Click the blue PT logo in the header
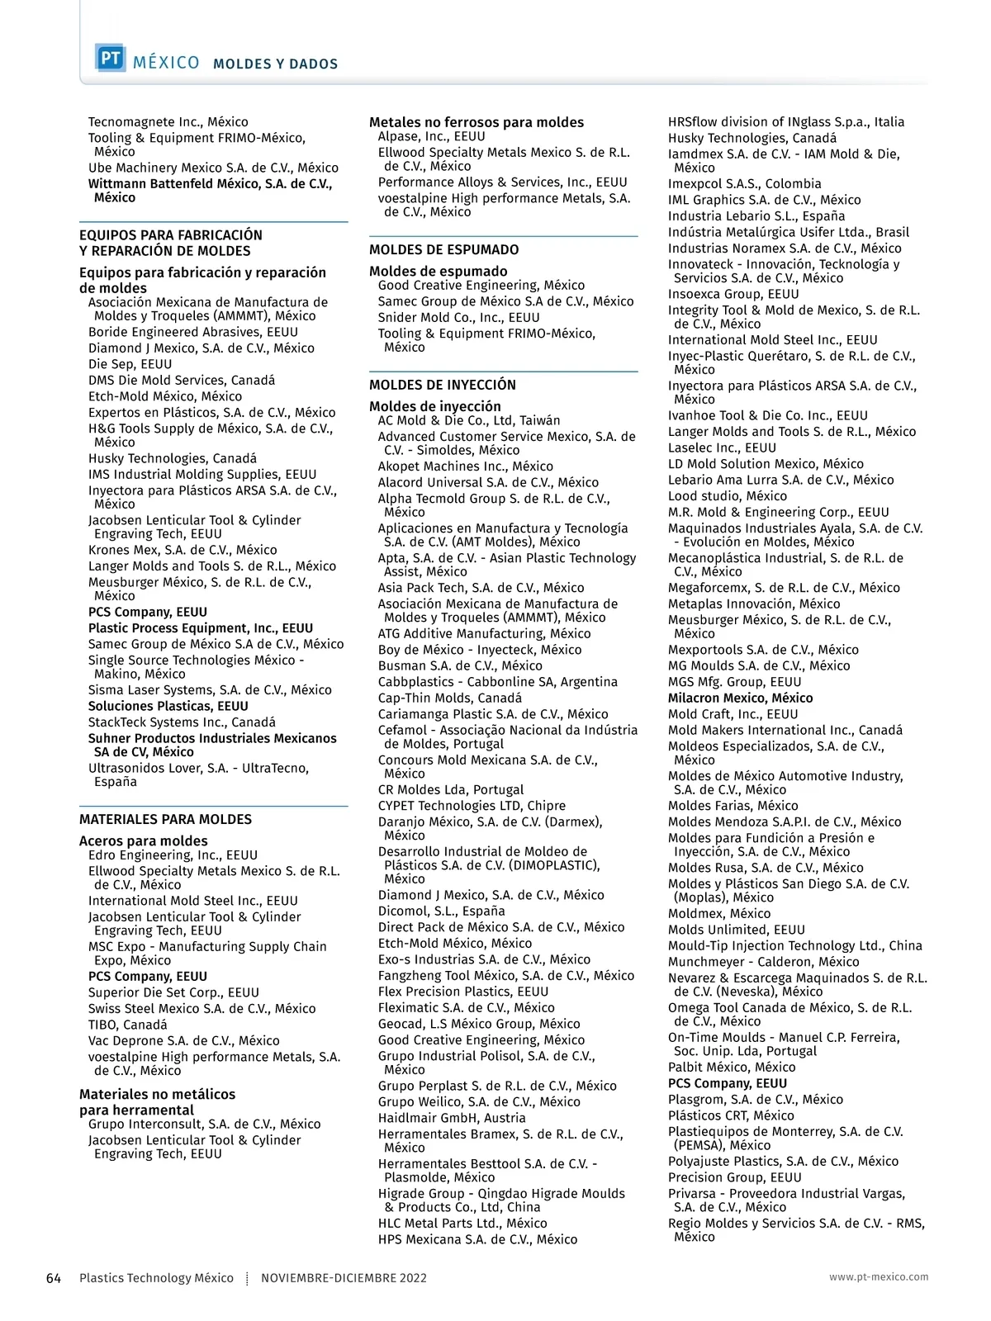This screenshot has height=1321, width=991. pyautogui.click(x=111, y=59)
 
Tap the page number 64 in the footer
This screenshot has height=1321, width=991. pyautogui.click(x=54, y=1278)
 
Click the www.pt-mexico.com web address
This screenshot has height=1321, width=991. pyautogui.click(x=879, y=1277)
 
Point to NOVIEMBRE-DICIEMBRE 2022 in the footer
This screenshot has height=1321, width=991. pyautogui.click(x=344, y=1278)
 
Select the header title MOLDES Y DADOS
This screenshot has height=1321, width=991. pyautogui.click(x=275, y=64)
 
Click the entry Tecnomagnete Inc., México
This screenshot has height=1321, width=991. pyautogui.click(x=168, y=122)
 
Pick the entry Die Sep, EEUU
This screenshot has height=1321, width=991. pyautogui.click(x=130, y=364)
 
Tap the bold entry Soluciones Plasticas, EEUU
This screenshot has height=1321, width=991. pyautogui.click(x=168, y=706)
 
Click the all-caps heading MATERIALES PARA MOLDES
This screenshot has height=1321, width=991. pyautogui.click(x=165, y=819)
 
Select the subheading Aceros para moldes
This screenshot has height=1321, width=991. pyautogui.click(x=144, y=841)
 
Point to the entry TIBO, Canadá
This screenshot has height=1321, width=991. pyautogui.click(x=128, y=1025)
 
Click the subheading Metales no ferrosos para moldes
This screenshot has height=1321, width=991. pyautogui.click(x=477, y=122)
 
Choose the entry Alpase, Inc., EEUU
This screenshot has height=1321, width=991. pyautogui.click(x=432, y=137)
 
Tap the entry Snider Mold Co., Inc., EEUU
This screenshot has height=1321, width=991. pyautogui.click(x=459, y=318)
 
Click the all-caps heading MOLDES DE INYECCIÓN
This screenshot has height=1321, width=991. pyautogui.click(x=443, y=385)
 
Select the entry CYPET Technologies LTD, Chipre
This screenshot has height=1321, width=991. pyautogui.click(x=472, y=806)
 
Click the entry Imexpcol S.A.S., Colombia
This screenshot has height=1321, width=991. pyautogui.click(x=745, y=184)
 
